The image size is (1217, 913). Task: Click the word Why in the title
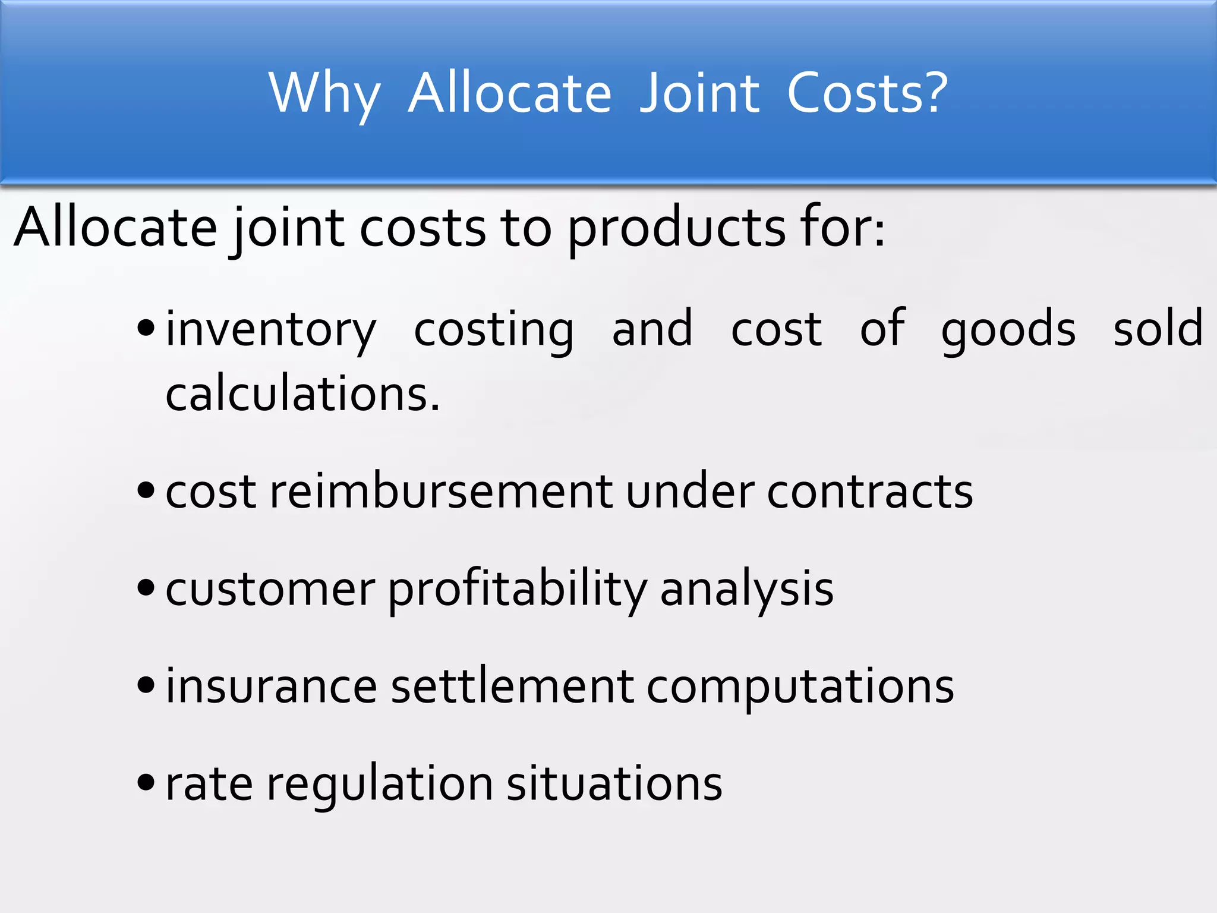click(x=324, y=94)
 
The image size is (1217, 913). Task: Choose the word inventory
click(x=270, y=330)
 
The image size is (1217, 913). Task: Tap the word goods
click(x=1008, y=330)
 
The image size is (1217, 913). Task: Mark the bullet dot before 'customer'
click(x=146, y=588)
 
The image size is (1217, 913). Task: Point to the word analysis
click(x=746, y=590)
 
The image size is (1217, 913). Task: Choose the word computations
click(x=800, y=687)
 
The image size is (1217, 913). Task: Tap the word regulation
click(x=379, y=785)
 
